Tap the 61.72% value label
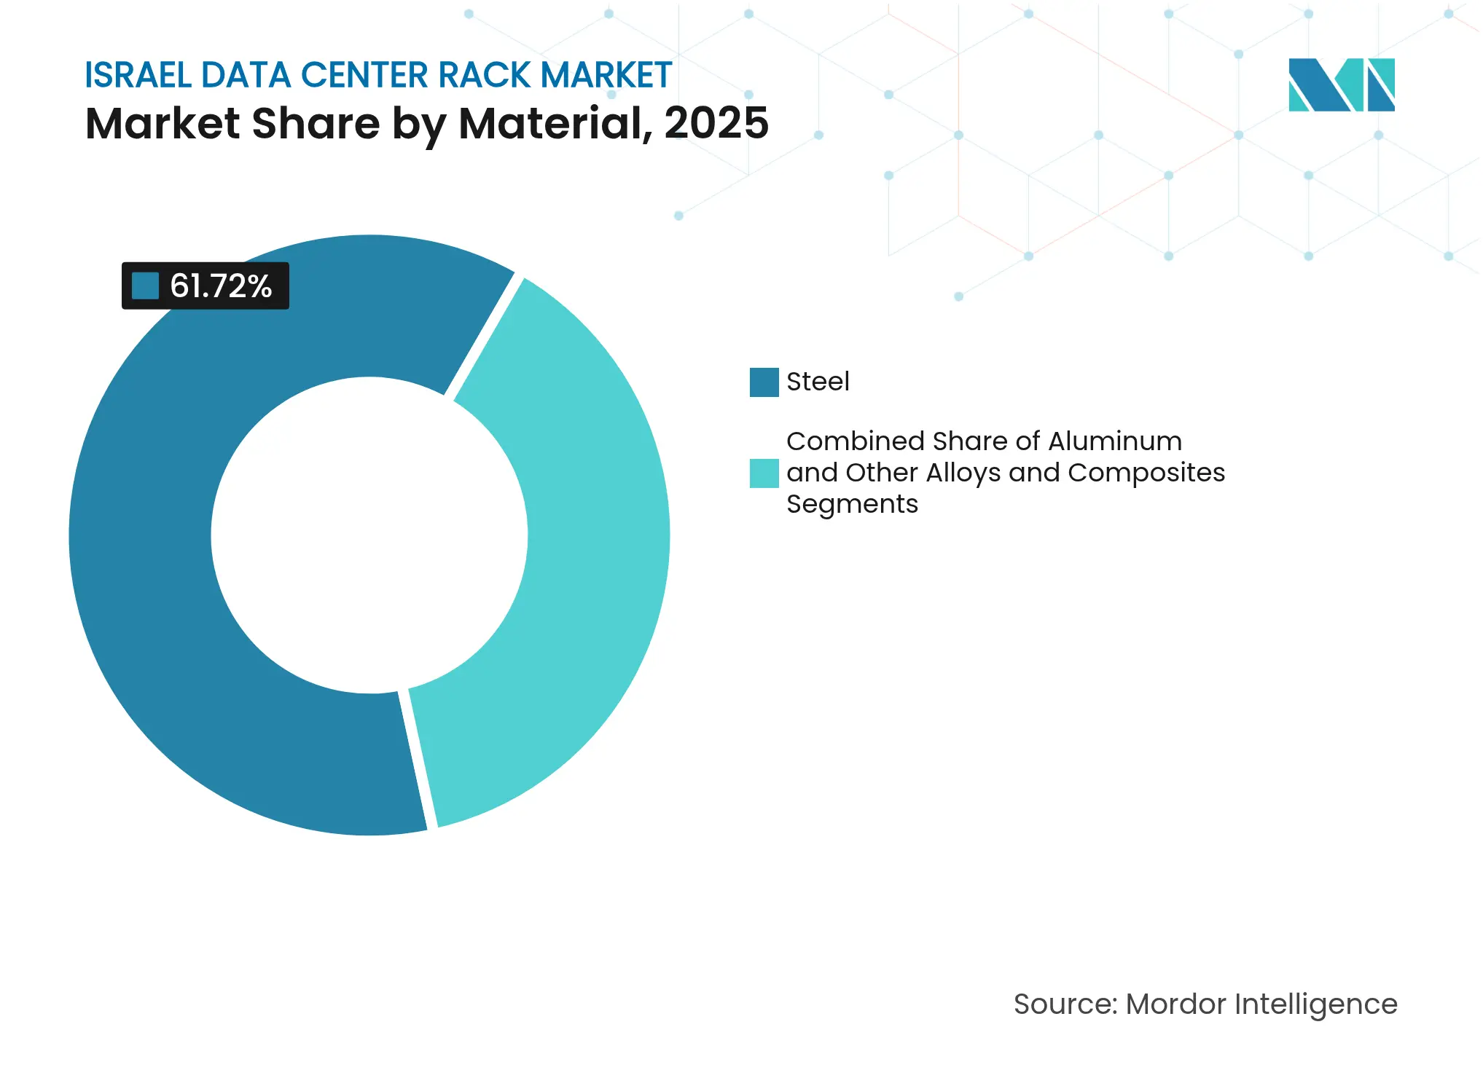tap(221, 286)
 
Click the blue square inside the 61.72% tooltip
tap(145, 286)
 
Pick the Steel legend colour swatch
tap(764, 382)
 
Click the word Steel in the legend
tap(818, 382)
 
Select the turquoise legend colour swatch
tap(764, 473)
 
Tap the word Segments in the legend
tap(852, 504)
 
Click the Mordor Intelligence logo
tap(1341, 84)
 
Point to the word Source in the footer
tap(1064, 1004)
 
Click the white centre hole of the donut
tap(369, 535)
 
